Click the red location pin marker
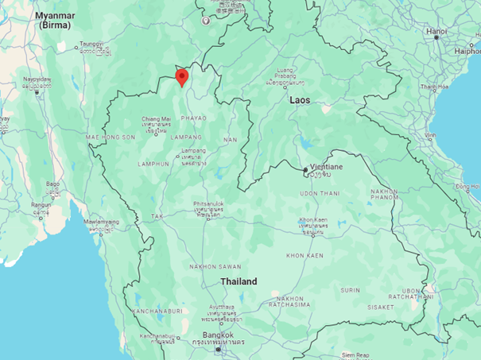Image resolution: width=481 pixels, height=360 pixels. click(x=181, y=77)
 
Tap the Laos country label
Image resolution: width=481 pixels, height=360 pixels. click(x=299, y=101)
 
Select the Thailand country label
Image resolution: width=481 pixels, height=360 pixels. click(x=239, y=282)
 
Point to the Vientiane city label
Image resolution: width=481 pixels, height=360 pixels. click(x=325, y=167)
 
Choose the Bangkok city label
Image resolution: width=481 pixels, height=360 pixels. click(x=216, y=335)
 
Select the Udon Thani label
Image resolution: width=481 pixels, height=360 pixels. click(x=320, y=193)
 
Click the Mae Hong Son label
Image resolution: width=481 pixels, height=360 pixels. click(x=111, y=137)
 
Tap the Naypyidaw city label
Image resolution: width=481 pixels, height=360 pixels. click(x=36, y=80)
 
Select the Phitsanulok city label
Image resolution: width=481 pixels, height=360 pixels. click(x=208, y=207)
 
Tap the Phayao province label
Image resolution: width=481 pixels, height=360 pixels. click(x=192, y=118)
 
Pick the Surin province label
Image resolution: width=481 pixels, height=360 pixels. click(x=350, y=291)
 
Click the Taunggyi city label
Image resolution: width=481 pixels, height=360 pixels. click(x=91, y=45)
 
